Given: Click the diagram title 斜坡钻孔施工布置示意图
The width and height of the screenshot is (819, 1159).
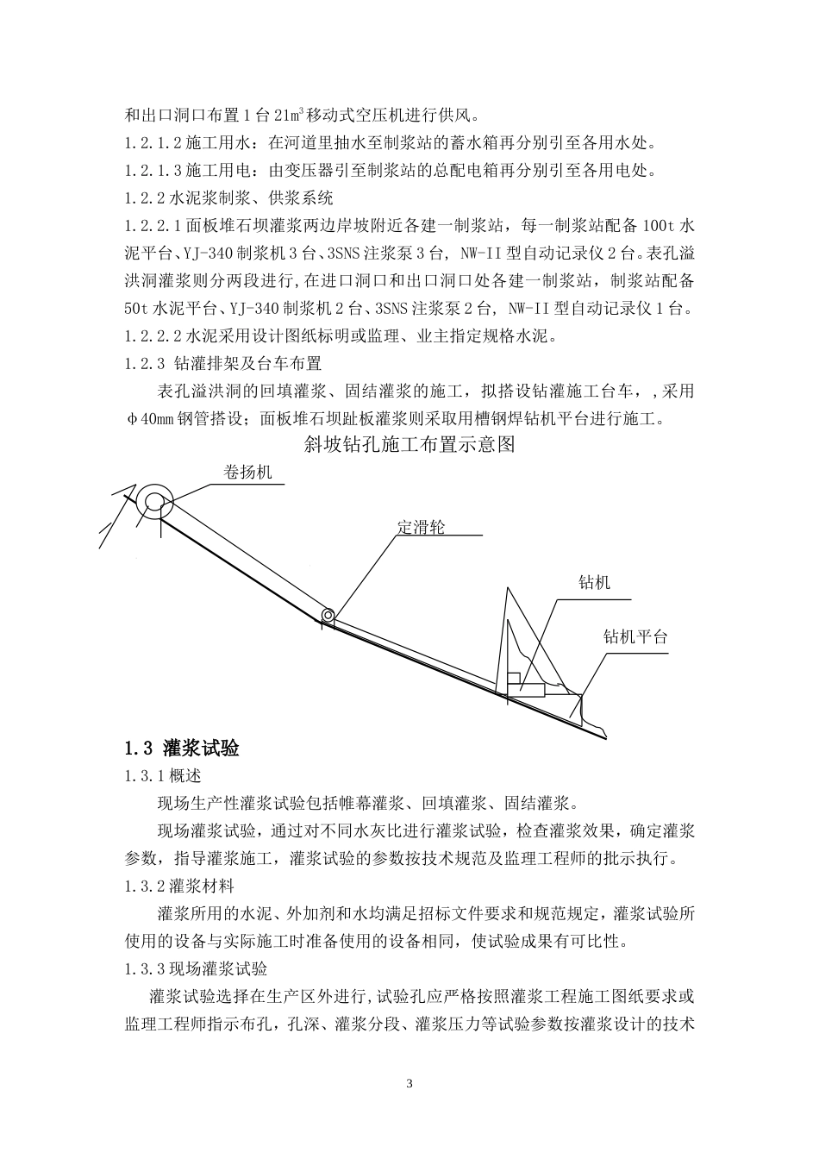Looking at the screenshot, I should (409, 444).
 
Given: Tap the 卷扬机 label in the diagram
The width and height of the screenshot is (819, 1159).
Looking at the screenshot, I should (247, 473).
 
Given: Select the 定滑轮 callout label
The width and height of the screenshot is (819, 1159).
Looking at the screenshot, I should (421, 527).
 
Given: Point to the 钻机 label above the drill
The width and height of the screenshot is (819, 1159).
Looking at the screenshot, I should (594, 583).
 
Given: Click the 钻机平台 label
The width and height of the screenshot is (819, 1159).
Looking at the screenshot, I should (635, 638).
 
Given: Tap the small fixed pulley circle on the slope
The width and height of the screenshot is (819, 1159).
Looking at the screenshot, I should (328, 615).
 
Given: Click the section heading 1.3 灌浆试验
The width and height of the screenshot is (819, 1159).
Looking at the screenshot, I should (182, 748).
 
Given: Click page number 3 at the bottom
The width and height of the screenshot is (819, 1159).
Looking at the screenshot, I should (409, 1083).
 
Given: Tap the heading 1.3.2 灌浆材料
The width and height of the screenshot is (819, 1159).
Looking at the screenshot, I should (178, 886).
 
